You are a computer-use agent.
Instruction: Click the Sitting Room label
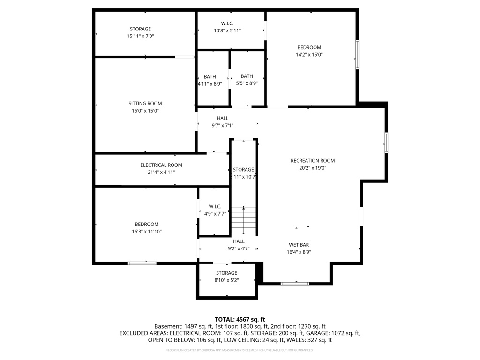145,104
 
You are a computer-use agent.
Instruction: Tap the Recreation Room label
313,161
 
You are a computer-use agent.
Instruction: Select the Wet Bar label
299,245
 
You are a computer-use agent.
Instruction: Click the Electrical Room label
161,165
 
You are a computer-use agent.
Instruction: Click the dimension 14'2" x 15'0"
309,54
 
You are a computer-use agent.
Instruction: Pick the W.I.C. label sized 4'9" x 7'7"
215,206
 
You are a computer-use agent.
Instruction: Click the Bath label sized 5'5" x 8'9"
247,76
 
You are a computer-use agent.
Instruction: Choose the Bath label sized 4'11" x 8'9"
210,77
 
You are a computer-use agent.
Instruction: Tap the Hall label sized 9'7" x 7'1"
223,118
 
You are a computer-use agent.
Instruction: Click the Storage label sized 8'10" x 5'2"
226,273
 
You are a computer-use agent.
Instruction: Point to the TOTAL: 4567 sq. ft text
240,319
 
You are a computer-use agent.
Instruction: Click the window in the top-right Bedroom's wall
357,55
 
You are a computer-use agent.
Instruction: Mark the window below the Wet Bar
295,284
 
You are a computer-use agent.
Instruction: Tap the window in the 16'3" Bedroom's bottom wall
142,263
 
